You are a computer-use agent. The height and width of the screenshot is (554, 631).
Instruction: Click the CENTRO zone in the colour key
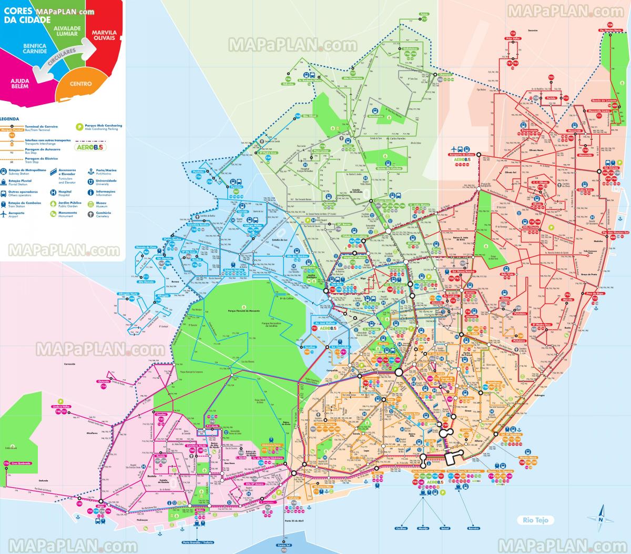[x=80, y=84]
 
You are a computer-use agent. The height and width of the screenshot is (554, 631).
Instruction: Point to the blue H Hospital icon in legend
[x=53, y=192]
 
